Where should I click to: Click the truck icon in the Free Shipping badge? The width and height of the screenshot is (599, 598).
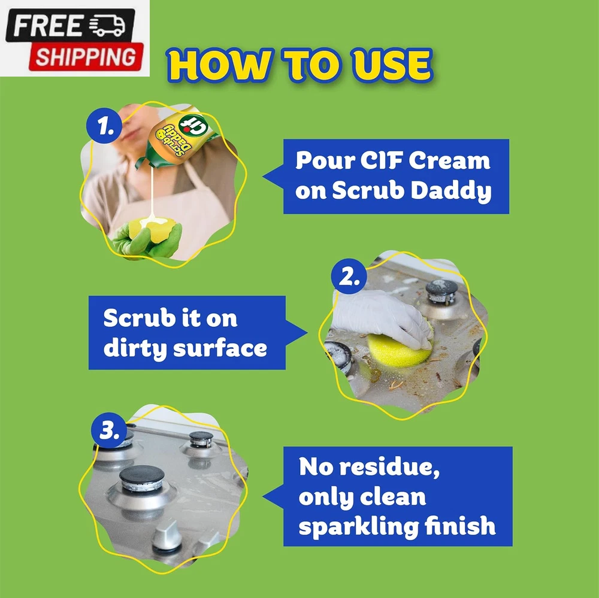(x=107, y=26)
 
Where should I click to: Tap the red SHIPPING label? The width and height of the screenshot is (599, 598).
(x=86, y=57)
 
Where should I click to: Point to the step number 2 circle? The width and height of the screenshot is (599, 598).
(x=349, y=276)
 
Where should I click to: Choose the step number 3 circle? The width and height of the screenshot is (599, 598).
(x=109, y=430)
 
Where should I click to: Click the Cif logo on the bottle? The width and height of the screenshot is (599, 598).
(x=192, y=126)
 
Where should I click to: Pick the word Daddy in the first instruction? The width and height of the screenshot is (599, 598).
(x=451, y=192)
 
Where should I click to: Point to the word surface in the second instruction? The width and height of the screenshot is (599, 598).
(x=220, y=349)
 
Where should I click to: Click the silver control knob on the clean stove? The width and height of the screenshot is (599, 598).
(x=167, y=535)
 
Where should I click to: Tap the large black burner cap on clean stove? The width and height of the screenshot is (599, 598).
(x=142, y=476)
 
